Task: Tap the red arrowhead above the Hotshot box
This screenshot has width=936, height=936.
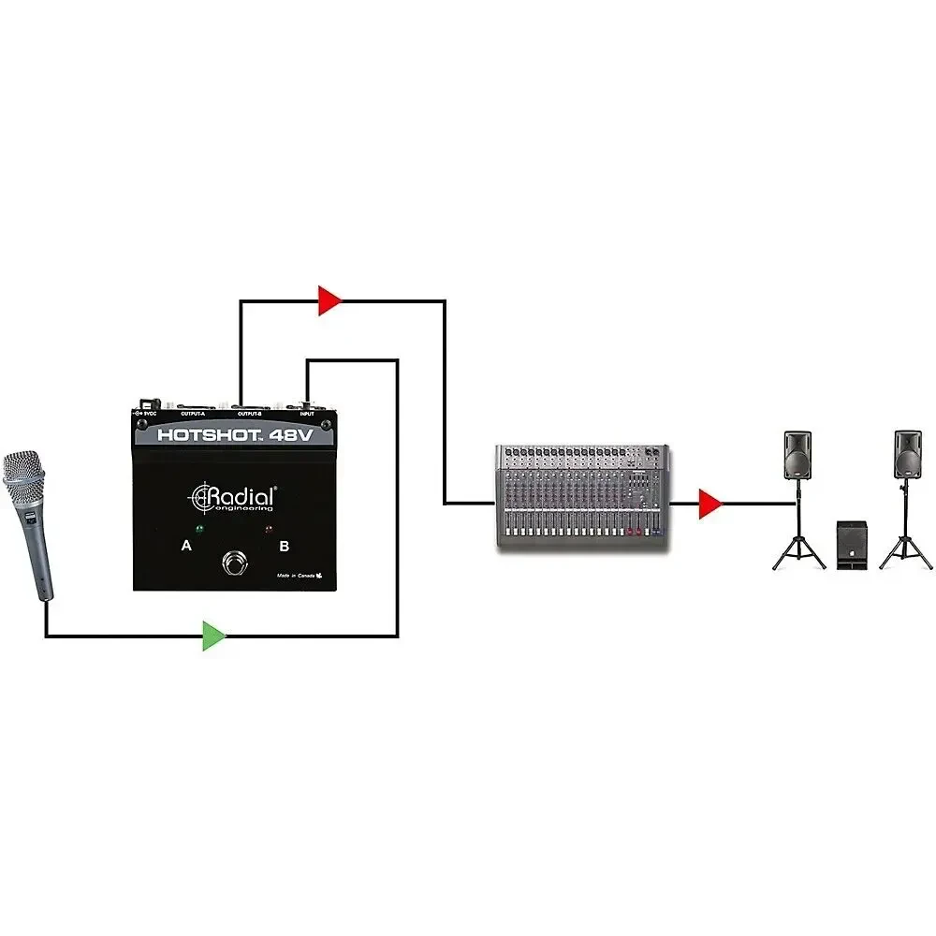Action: [x=329, y=300]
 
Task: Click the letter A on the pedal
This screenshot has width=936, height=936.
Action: [x=186, y=545]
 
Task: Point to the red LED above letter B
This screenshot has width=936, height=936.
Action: [x=270, y=531]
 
